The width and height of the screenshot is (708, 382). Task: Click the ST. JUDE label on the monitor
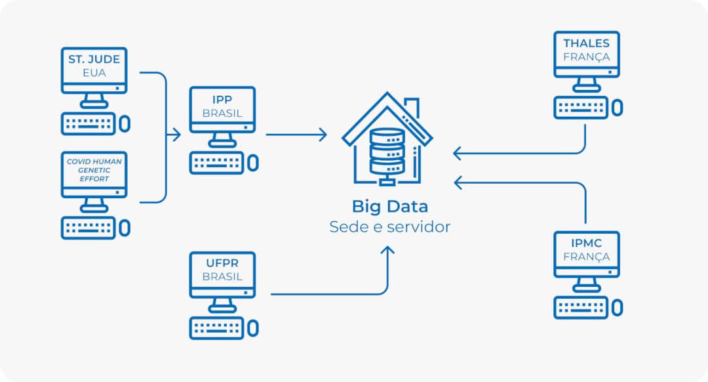pos(94,59)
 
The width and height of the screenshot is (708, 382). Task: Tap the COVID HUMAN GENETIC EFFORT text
pos(94,170)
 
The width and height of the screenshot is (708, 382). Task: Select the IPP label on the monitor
pos(222,100)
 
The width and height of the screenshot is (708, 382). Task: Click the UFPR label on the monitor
pos(222,263)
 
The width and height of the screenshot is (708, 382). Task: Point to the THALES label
pos(586,43)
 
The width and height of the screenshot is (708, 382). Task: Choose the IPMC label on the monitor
pos(586,243)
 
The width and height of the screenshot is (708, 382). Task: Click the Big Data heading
pos(389,206)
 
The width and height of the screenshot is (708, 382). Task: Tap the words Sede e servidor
pos(389,227)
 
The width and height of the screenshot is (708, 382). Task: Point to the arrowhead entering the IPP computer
pos(176,135)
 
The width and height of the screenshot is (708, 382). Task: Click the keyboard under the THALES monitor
pos(580,108)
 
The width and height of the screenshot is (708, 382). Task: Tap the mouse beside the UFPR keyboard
pos(253,328)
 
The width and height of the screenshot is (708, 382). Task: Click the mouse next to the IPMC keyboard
pos(617,307)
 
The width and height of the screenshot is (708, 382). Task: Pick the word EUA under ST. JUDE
pos(94,73)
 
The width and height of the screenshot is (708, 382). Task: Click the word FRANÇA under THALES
pos(586,57)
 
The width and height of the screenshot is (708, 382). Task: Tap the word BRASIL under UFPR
pos(222,276)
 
